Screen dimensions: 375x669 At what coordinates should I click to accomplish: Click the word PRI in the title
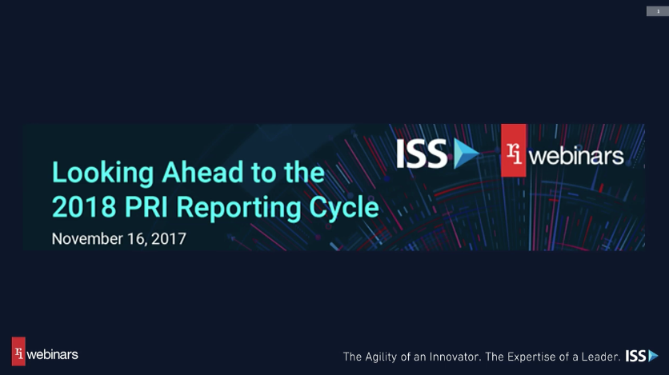(x=149, y=207)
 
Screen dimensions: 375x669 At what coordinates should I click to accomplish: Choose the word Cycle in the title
(x=343, y=207)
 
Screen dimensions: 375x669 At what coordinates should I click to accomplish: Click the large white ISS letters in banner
(x=423, y=153)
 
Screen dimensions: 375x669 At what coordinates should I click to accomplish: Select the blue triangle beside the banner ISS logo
(x=465, y=153)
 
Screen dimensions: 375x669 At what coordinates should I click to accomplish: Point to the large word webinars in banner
(x=576, y=156)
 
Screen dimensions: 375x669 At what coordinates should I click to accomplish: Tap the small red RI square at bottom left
(x=18, y=352)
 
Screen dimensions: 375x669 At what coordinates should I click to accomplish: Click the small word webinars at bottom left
(x=53, y=353)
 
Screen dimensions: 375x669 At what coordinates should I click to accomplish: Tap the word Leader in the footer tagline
(x=598, y=356)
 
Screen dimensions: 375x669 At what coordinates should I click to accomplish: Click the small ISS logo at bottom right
(x=641, y=355)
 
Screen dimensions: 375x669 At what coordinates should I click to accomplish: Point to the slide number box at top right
(x=658, y=10)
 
